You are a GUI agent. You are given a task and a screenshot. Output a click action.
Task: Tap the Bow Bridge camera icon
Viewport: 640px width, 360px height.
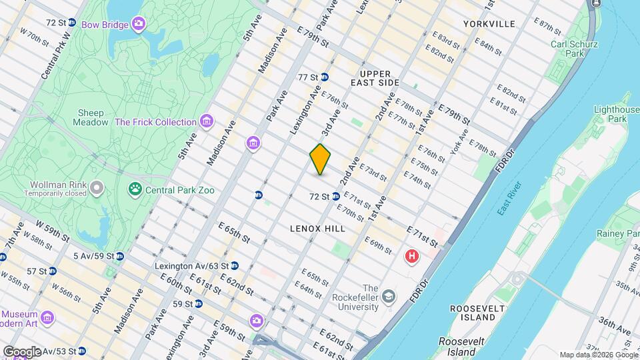tap(139, 25)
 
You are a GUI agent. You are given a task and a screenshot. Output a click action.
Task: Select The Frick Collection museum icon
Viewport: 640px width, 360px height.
tap(207, 122)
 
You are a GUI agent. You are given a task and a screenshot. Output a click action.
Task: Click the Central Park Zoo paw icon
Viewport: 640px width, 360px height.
tap(136, 190)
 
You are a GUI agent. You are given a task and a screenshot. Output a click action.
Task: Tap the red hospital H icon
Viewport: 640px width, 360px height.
tap(413, 256)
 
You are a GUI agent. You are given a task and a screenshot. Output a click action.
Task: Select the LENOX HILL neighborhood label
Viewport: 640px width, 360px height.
tap(317, 229)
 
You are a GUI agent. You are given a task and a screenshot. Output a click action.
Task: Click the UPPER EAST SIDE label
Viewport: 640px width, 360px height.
tap(379, 78)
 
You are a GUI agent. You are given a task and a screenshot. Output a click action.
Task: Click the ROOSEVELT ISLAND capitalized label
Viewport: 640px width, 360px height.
tap(475, 313)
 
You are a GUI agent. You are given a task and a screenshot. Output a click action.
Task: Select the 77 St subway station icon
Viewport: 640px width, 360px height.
tap(325, 77)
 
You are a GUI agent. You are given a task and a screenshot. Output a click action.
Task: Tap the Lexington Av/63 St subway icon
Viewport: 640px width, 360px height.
tap(235, 266)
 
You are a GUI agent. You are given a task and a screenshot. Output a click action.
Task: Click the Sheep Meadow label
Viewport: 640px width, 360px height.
tap(92, 117)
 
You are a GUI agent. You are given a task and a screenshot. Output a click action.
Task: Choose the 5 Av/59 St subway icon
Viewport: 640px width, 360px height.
tap(119, 256)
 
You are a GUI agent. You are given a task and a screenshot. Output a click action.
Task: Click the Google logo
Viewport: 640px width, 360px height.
tap(21, 351)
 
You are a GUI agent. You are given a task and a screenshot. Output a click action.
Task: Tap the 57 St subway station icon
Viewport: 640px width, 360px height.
tap(52, 271)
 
